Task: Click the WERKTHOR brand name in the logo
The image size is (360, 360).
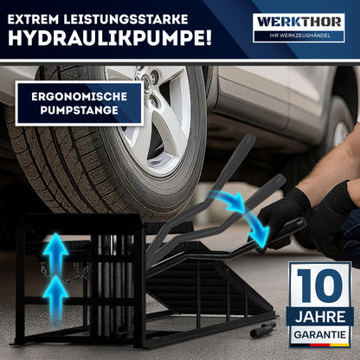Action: coord(299,19)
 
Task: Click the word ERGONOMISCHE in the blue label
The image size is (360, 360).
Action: coord(78,95)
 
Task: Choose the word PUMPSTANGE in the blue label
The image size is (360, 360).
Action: coord(78,112)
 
